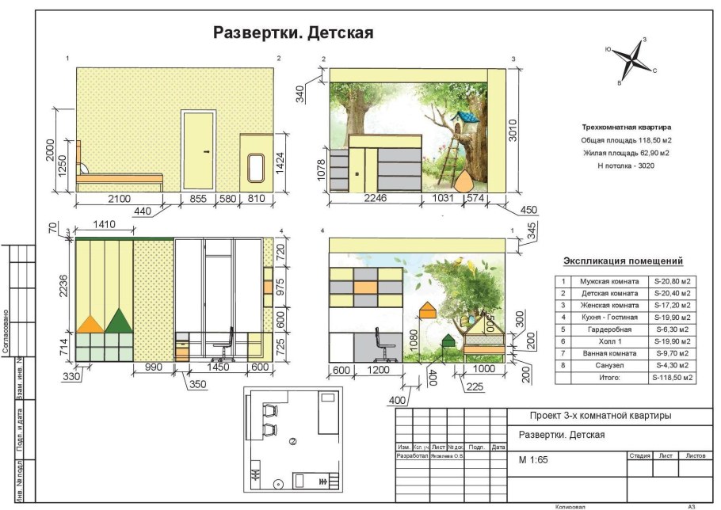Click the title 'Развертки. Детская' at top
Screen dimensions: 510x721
[x=293, y=33]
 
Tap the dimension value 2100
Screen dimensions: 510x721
[x=120, y=199]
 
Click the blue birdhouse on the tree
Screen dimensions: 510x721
[x=464, y=123]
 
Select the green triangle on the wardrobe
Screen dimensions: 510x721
[x=117, y=319]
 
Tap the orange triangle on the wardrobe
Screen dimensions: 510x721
[x=90, y=322]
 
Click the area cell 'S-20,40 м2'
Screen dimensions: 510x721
[x=672, y=293]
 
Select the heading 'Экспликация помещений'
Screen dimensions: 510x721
[x=623, y=261]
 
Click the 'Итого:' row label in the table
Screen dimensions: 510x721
[x=608, y=379]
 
